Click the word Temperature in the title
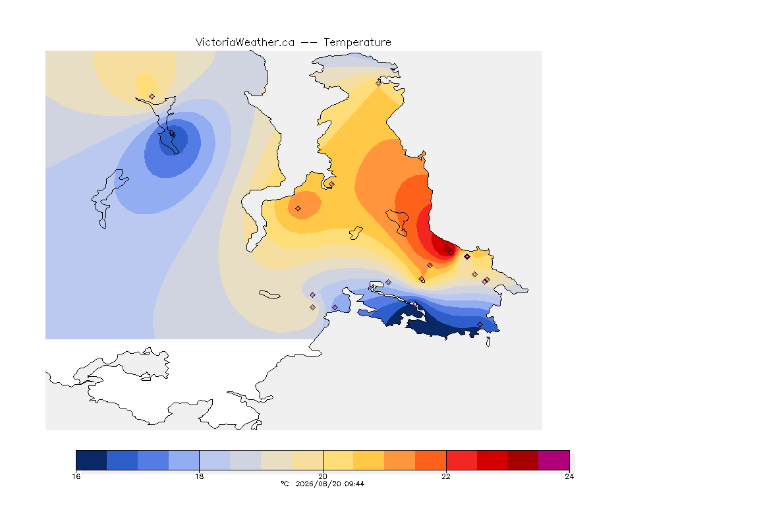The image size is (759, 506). (357, 42)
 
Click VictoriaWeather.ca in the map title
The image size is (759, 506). (245, 42)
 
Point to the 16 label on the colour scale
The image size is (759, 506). (76, 476)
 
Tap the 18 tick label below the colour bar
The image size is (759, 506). (200, 476)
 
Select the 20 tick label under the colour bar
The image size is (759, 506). (323, 476)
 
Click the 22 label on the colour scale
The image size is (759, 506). (446, 476)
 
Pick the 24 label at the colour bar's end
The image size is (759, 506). (569, 476)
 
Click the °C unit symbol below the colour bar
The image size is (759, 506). (285, 484)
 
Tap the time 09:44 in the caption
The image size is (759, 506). (354, 484)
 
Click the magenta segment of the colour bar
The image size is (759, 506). (553, 460)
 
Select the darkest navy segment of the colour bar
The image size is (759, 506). (92, 460)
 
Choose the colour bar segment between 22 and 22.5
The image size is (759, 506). (461, 460)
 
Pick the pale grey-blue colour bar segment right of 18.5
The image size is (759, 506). (245, 460)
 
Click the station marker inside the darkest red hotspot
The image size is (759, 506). (451, 252)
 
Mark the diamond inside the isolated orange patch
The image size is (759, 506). (298, 209)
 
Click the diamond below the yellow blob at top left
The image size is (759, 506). (152, 97)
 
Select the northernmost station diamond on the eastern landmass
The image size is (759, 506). (379, 83)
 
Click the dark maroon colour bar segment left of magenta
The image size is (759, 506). (522, 460)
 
